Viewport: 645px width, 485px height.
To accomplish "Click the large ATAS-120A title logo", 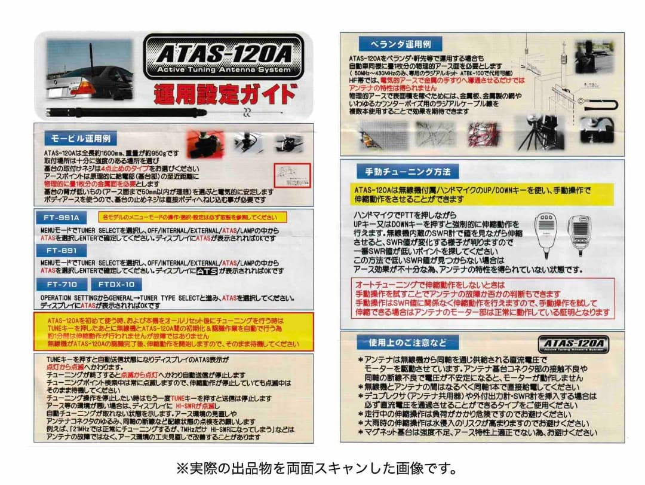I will [x=224, y=59].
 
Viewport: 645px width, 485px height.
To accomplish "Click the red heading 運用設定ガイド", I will [x=224, y=93].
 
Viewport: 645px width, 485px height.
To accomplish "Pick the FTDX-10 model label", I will [x=116, y=285].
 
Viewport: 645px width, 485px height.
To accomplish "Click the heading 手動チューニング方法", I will [x=407, y=172].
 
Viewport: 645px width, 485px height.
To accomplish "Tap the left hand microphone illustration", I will [x=546, y=232].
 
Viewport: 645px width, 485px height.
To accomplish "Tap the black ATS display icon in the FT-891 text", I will [x=207, y=271].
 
